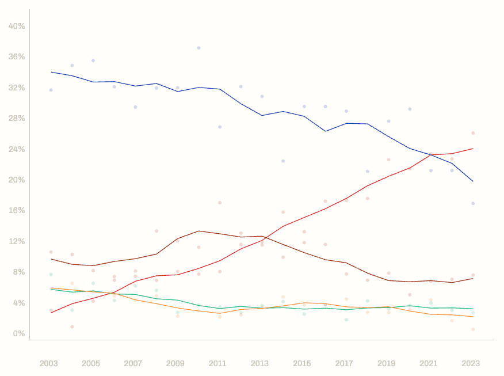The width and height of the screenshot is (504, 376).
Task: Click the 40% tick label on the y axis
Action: pyautogui.click(x=17, y=26)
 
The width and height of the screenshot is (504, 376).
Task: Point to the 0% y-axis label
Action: pyautogui.click(x=18, y=333)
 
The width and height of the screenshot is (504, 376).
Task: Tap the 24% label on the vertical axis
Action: pyautogui.click(x=17, y=149)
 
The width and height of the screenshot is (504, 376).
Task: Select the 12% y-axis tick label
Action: pyautogui.click(x=17, y=241)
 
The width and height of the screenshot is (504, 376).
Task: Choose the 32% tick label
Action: pyautogui.click(x=17, y=88)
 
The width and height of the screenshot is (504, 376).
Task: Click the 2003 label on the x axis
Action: pyautogui.click(x=49, y=363)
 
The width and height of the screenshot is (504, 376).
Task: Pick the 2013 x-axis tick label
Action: pyautogui.click(x=259, y=363)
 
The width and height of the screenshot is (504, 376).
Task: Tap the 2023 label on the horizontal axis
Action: pyautogui.click(x=471, y=363)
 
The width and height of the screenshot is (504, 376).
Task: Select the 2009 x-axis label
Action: pyautogui.click(x=175, y=363)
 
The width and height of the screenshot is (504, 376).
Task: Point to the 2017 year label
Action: pyautogui.click(x=344, y=363)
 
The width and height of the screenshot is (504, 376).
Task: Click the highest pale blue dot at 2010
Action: pyautogui.click(x=198, y=48)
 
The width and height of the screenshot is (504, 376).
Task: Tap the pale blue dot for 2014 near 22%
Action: pyautogui.click(x=283, y=161)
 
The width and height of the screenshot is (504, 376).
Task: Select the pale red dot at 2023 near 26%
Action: pyautogui.click(x=473, y=133)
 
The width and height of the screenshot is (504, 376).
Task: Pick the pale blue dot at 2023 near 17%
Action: pyautogui.click(x=473, y=203)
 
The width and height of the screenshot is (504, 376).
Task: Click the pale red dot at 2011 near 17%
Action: pyautogui.click(x=220, y=203)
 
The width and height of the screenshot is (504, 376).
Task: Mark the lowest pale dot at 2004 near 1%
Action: pyautogui.click(x=72, y=326)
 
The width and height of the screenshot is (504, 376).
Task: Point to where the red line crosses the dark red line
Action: pyautogui.click(x=264, y=238)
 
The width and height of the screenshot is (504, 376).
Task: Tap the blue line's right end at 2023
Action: pyautogui.click(x=473, y=181)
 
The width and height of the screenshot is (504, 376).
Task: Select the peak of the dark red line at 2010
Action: pyautogui.click(x=198, y=231)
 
